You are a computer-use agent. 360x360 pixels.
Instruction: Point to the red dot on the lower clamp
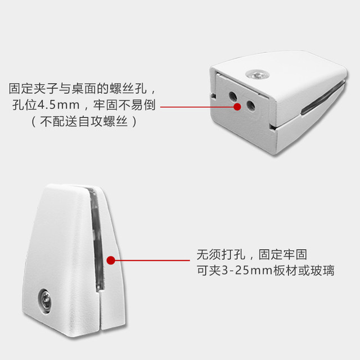click(x=111, y=261)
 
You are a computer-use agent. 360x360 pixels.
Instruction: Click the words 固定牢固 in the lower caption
click(x=281, y=254)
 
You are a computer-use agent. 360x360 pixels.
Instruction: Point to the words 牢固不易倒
click(x=122, y=105)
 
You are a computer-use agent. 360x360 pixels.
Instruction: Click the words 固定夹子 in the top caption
click(x=35, y=89)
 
